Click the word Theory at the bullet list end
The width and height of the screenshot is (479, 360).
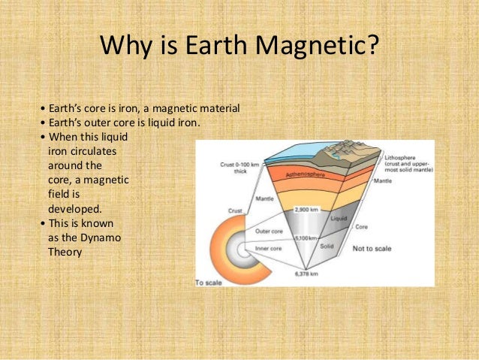pos(64,252)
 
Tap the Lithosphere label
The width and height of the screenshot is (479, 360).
pos(405,155)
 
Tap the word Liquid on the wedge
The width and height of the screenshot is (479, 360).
pos(340,217)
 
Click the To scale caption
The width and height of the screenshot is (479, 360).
pos(211,283)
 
